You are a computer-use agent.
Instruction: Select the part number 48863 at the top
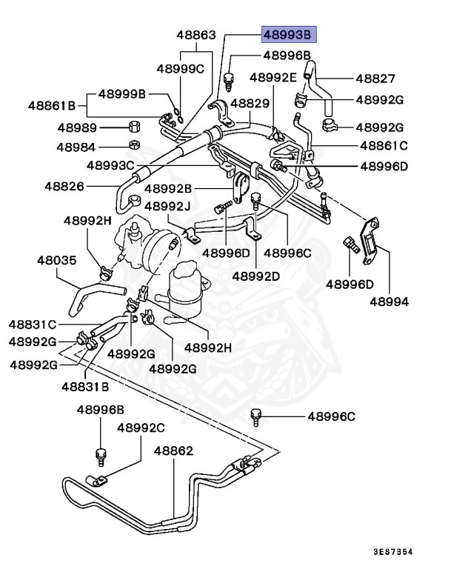point(196,35)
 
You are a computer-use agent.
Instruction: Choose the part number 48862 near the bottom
point(173,450)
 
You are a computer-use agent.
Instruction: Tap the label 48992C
point(141,427)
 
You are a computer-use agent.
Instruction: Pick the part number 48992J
point(167,205)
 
